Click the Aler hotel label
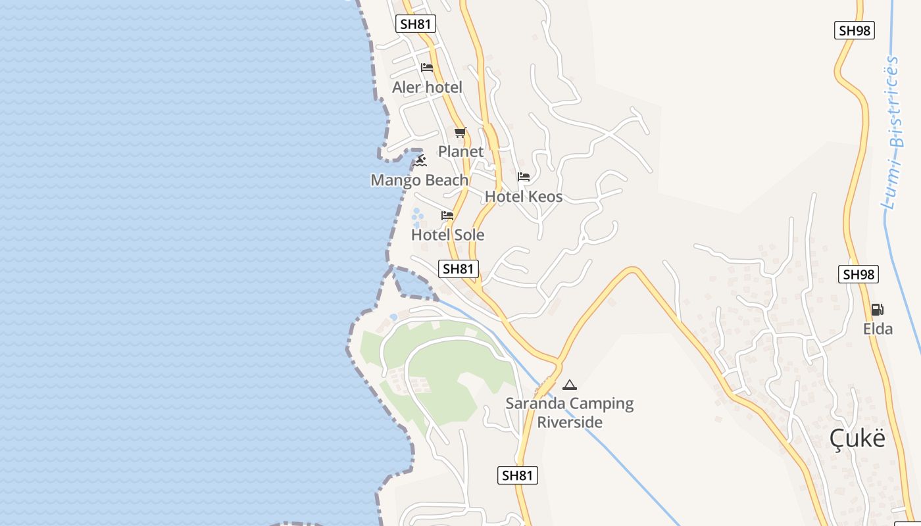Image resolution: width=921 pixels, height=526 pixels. coord(427,87)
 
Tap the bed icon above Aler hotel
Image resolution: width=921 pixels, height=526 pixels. coord(427,68)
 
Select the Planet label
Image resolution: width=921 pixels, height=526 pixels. coord(460,151)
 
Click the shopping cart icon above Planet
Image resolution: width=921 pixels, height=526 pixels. coord(460,132)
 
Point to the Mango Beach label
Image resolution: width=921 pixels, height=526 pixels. coord(420,180)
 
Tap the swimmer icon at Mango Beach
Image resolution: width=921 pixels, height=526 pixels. coord(420,160)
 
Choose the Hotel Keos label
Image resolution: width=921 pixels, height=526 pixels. coord(524,197)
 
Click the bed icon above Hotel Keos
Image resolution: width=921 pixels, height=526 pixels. coord(524,176)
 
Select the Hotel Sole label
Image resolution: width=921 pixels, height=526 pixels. coord(447,235)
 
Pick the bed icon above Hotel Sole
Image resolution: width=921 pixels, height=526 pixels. coord(447,216)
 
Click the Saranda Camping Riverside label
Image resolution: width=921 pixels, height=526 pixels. coord(570,413)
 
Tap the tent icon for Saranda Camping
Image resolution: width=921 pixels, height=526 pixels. coord(570,385)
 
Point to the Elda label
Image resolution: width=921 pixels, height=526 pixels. coord(878,329)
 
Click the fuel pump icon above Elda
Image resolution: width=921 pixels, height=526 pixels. coord(878,309)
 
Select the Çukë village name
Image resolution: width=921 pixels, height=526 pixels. coord(857,438)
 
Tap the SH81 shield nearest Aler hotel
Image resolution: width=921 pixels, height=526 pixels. coord(416,24)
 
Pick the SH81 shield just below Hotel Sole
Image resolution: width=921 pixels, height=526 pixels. coord(459,268)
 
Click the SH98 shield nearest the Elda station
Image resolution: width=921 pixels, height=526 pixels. coord(859,274)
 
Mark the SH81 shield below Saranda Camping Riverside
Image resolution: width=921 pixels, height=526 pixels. coord(518,475)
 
